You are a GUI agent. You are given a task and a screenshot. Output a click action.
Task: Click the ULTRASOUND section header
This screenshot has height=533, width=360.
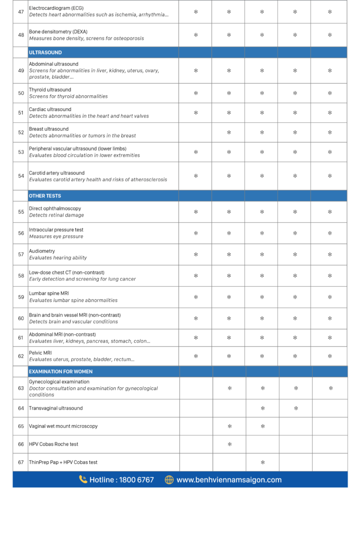pyautogui.click(x=45, y=53)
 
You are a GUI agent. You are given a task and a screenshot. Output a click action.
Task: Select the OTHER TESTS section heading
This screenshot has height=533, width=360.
pyautogui.click(x=45, y=196)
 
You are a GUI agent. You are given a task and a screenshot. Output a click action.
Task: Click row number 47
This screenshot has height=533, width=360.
pyautogui.click(x=21, y=11)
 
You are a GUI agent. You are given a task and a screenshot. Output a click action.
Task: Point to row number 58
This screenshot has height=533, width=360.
pyautogui.click(x=21, y=276)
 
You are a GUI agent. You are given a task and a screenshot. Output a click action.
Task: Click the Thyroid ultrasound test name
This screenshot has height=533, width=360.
pyautogui.click(x=50, y=90)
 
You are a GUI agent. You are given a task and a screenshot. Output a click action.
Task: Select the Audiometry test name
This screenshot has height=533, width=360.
pyautogui.click(x=42, y=251)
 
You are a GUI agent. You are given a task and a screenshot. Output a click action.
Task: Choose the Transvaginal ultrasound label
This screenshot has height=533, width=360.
pyautogui.click(x=56, y=408)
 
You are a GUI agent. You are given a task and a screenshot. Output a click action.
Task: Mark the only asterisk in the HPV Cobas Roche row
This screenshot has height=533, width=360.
pyautogui.click(x=229, y=444)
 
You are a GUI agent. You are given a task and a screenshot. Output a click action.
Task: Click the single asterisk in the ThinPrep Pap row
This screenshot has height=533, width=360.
pyautogui.click(x=263, y=462)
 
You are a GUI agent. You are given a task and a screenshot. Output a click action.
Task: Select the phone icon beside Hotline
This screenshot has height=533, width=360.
pyautogui.click(x=83, y=479)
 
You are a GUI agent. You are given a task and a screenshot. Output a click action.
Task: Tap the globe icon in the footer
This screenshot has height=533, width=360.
pyautogui.click(x=169, y=480)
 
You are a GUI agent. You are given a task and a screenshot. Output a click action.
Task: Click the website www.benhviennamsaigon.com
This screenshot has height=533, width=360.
pyautogui.click(x=229, y=480)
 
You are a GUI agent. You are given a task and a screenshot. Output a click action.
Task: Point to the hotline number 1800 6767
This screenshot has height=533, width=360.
pyautogui.click(x=136, y=480)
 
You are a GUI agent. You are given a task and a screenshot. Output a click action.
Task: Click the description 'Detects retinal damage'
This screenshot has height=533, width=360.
pyautogui.click(x=56, y=215)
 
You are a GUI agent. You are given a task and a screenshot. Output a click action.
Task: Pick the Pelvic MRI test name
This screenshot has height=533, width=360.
pyautogui.click(x=41, y=352)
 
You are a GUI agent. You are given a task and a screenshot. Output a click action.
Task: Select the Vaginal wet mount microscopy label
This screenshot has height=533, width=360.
pyautogui.click(x=63, y=426)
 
